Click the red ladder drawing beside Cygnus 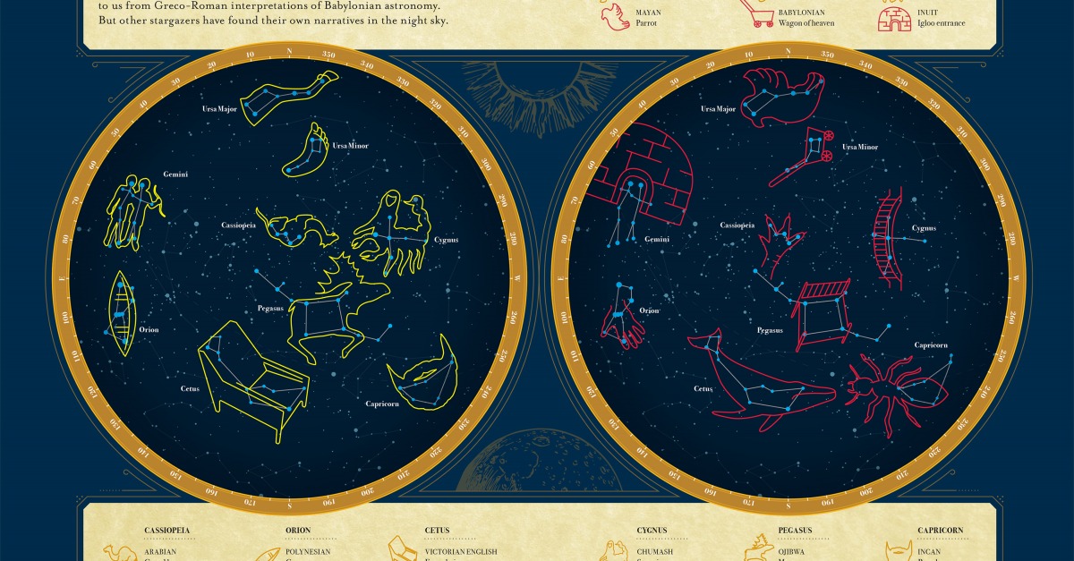tap(890, 236)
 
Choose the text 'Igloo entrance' tap(940, 23)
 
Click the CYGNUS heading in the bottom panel tap(653, 530)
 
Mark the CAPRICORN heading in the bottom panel tap(941, 530)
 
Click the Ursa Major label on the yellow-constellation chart tap(218, 109)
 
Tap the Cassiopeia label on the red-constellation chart tap(739, 225)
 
